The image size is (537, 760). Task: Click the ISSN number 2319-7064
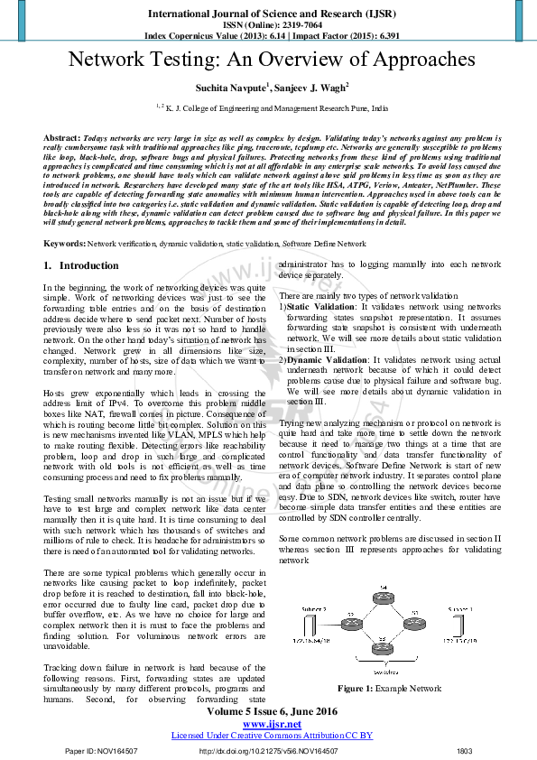pyautogui.click(x=291, y=24)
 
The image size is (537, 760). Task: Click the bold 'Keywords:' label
pyautogui.click(x=64, y=245)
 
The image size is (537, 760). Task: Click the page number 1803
pyautogui.click(x=465, y=751)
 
